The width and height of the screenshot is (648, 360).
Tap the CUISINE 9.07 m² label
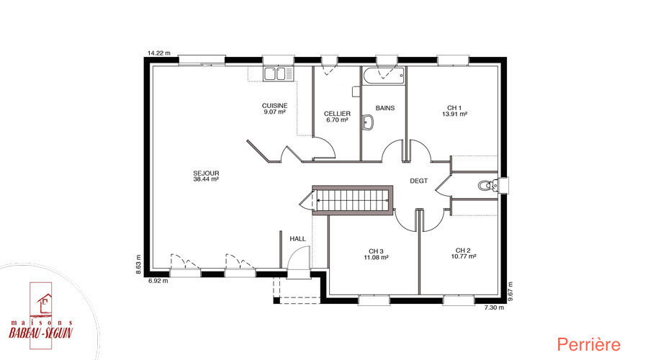click(x=274, y=109)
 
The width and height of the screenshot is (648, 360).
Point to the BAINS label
click(x=384, y=108)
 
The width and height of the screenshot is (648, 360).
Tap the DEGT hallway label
click(x=418, y=181)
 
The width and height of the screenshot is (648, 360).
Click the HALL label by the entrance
click(x=297, y=238)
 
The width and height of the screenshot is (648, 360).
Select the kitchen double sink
click(x=275, y=74)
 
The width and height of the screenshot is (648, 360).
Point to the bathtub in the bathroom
click(x=384, y=76)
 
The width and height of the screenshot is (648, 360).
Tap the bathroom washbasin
click(x=367, y=122)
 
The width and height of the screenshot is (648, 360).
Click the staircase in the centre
click(x=352, y=200)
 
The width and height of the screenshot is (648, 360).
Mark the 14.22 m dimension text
click(x=159, y=53)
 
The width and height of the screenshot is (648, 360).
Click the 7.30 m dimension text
click(x=494, y=307)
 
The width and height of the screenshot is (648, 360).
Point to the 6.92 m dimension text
click(x=158, y=281)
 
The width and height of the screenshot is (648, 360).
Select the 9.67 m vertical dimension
click(x=510, y=292)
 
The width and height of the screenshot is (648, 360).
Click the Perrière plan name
click(x=588, y=344)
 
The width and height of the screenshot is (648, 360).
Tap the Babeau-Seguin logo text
click(x=40, y=332)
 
